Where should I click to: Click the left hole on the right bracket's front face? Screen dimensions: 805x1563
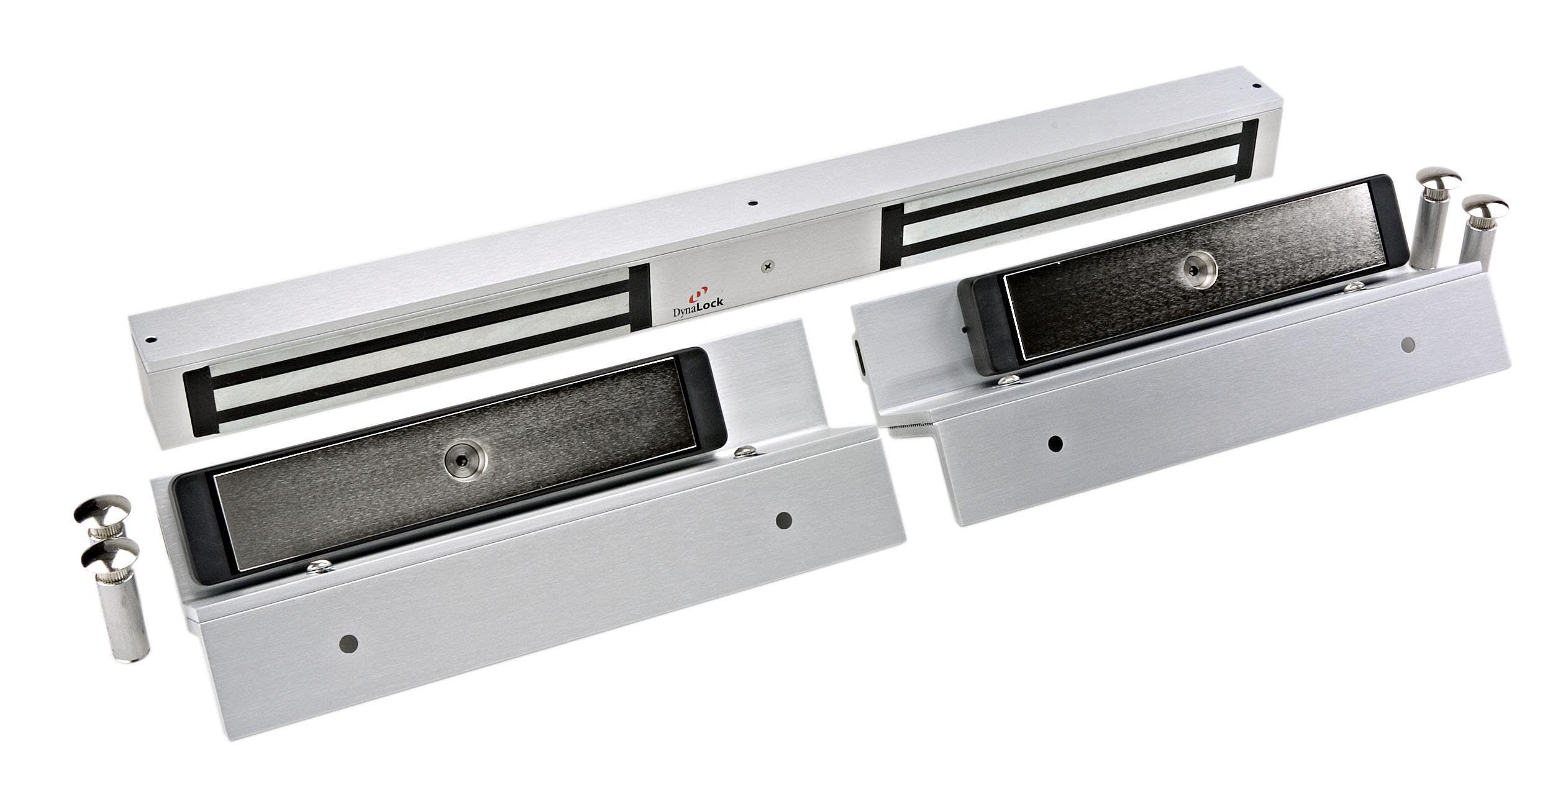point(1054,443)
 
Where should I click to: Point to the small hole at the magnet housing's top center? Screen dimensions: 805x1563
point(753,202)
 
